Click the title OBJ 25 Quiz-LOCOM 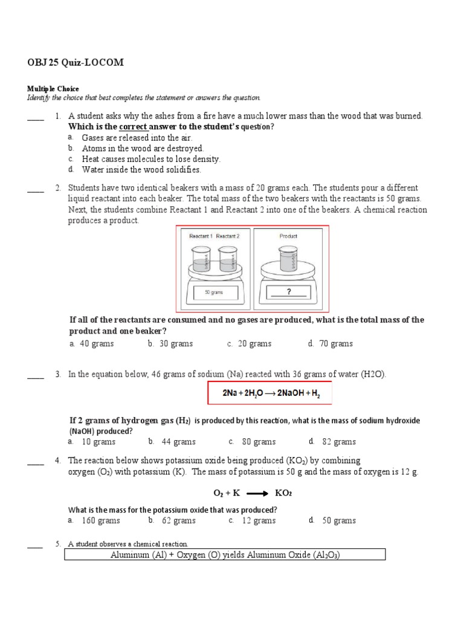[76, 63]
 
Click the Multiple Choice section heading [53, 89]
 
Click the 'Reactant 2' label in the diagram [227, 236]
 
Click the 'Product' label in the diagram [288, 236]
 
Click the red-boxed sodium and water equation [269, 393]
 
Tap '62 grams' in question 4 [179, 520]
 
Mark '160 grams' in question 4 [101, 520]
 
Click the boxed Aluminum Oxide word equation [225, 555]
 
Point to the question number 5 [58, 543]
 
